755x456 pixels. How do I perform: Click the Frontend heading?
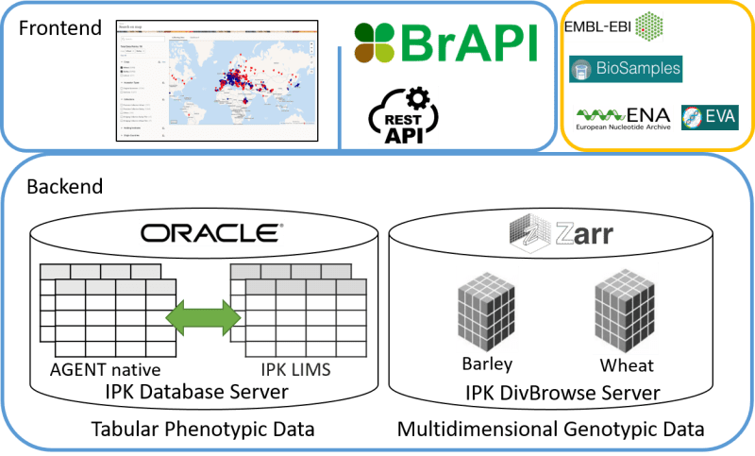pos(59,28)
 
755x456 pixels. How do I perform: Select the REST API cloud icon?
pos(404,115)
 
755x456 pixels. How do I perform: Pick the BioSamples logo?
pos(625,69)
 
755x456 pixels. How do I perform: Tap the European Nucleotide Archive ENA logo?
pos(624,117)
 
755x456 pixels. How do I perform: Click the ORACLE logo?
pos(210,233)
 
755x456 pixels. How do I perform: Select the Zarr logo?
pos(552,231)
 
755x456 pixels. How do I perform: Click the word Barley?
pos(486,364)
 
